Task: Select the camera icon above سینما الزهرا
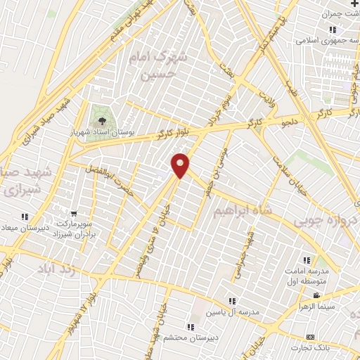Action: click(317, 295)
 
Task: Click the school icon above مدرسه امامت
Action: click(307, 259)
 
